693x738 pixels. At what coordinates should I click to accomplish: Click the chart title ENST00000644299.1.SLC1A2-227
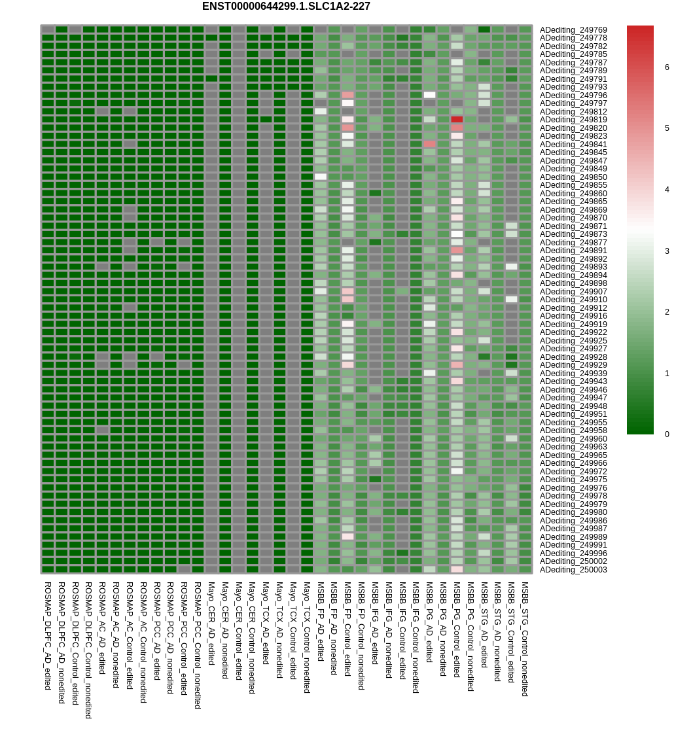286,7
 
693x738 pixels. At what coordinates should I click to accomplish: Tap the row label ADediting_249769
573,30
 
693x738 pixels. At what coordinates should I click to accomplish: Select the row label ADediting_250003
573,570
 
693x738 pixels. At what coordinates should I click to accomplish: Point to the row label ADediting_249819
573,120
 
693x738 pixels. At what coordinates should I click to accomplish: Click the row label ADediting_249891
573,251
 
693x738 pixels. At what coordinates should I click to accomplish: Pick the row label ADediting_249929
573,365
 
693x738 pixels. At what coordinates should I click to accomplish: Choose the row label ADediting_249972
573,472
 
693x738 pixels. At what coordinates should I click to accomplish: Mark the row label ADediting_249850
573,177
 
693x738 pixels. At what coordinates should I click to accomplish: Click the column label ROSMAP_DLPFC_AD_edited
48,635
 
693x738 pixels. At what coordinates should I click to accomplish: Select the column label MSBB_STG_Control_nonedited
525,639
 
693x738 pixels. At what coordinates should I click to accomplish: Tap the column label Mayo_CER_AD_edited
211,624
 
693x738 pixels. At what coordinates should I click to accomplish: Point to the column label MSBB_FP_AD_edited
321,621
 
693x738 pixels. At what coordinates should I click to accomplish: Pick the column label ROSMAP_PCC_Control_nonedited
198,645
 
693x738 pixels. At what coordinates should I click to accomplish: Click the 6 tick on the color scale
667,67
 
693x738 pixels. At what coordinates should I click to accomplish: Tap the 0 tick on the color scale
667,434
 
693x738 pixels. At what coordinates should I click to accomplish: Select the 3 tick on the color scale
667,251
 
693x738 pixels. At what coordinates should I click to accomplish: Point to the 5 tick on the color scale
667,128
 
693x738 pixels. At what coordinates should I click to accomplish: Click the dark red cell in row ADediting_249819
457,120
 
